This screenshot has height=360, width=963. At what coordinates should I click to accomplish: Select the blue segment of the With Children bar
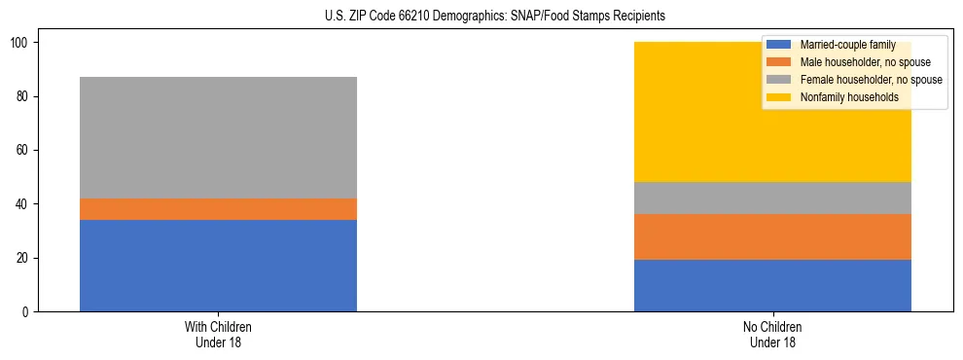click(x=218, y=266)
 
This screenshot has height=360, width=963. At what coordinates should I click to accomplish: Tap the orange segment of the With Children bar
click(x=218, y=209)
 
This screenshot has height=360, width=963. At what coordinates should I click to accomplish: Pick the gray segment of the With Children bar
click(x=218, y=137)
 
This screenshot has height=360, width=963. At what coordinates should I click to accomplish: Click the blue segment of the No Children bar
click(x=772, y=285)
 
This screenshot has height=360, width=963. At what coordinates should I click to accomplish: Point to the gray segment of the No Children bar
click(x=772, y=198)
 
